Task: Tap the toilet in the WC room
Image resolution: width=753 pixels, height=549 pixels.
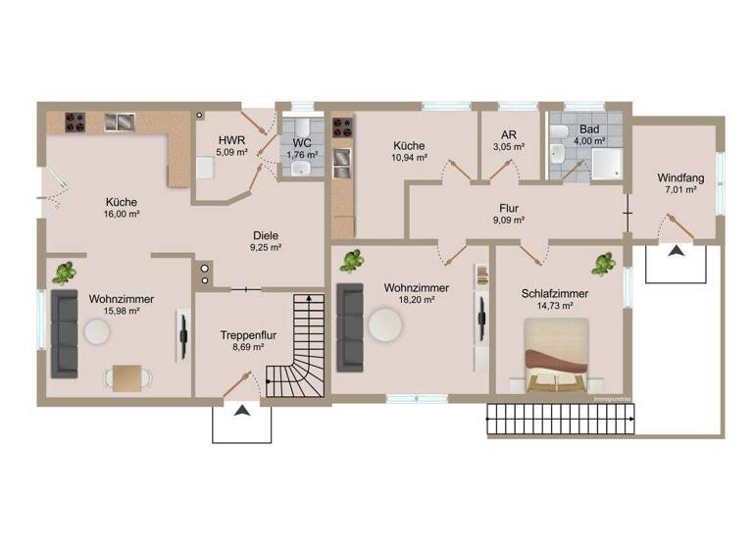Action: tap(302, 128)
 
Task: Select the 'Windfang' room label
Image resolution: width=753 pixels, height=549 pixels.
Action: tap(681, 177)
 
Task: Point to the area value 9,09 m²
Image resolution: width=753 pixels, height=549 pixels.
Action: tap(507, 221)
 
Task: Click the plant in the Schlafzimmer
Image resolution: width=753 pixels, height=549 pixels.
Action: tap(605, 264)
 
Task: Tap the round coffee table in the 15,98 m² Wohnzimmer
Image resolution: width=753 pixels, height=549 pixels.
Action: tap(97, 332)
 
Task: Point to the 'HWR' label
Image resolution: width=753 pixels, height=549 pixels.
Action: tap(231, 139)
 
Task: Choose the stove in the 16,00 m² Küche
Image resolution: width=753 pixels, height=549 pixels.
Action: tap(77, 122)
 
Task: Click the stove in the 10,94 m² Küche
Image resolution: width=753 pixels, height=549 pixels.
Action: tap(343, 126)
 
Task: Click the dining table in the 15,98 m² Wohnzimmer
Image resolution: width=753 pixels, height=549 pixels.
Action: tap(128, 376)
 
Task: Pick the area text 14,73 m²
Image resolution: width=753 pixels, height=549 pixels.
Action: tap(556, 305)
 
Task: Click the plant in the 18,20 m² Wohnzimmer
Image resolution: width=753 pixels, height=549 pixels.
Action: tap(350, 260)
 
